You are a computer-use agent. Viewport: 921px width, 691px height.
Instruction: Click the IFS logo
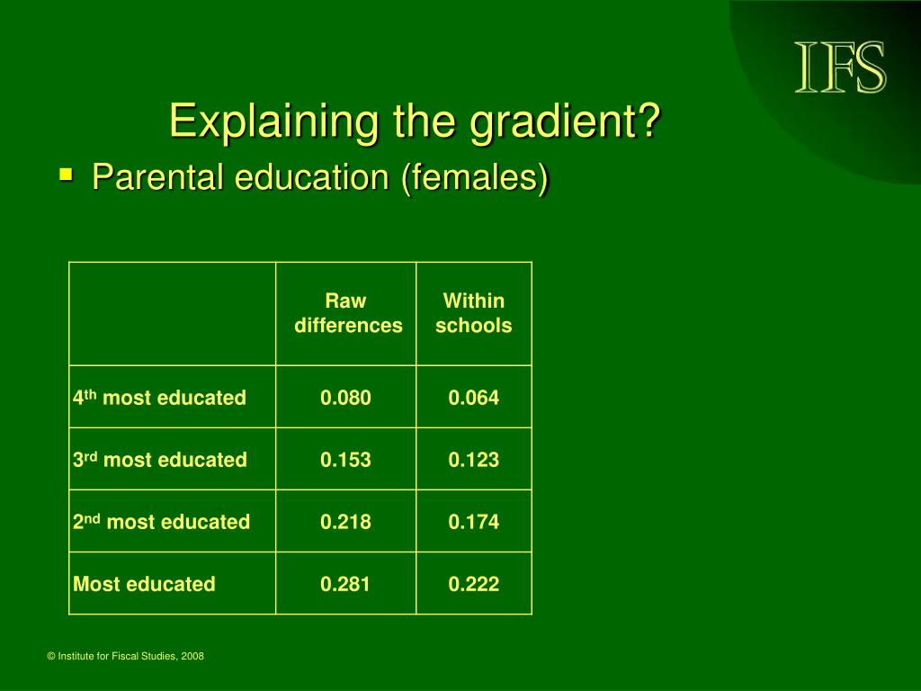(x=841, y=67)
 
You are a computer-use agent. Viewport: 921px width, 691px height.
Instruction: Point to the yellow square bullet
(x=67, y=174)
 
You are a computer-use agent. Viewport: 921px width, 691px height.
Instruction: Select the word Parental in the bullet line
(x=158, y=176)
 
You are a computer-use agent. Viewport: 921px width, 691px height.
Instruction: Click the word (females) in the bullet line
(x=475, y=177)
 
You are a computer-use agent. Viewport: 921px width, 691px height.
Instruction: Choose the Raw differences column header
(x=348, y=313)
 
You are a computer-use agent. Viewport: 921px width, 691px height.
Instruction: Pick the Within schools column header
(x=473, y=313)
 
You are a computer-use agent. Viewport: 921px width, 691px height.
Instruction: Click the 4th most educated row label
(x=159, y=398)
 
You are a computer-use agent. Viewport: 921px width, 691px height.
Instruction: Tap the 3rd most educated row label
(x=160, y=460)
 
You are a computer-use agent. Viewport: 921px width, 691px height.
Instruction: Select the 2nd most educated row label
(x=162, y=522)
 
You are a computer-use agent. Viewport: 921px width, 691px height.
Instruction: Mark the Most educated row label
(x=144, y=584)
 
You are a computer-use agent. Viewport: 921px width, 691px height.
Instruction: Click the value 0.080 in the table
(x=345, y=398)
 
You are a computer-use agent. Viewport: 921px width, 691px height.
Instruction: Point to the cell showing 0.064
(x=473, y=398)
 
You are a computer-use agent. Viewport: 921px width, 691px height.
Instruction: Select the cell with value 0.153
(x=345, y=460)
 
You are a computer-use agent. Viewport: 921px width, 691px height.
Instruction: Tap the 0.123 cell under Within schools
(x=473, y=460)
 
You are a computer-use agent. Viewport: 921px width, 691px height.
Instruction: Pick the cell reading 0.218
(x=345, y=522)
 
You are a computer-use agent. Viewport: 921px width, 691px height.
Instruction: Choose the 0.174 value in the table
(x=473, y=522)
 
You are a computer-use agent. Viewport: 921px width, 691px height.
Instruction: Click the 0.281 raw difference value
(x=345, y=584)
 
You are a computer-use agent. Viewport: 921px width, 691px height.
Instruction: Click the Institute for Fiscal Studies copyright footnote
(x=125, y=656)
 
